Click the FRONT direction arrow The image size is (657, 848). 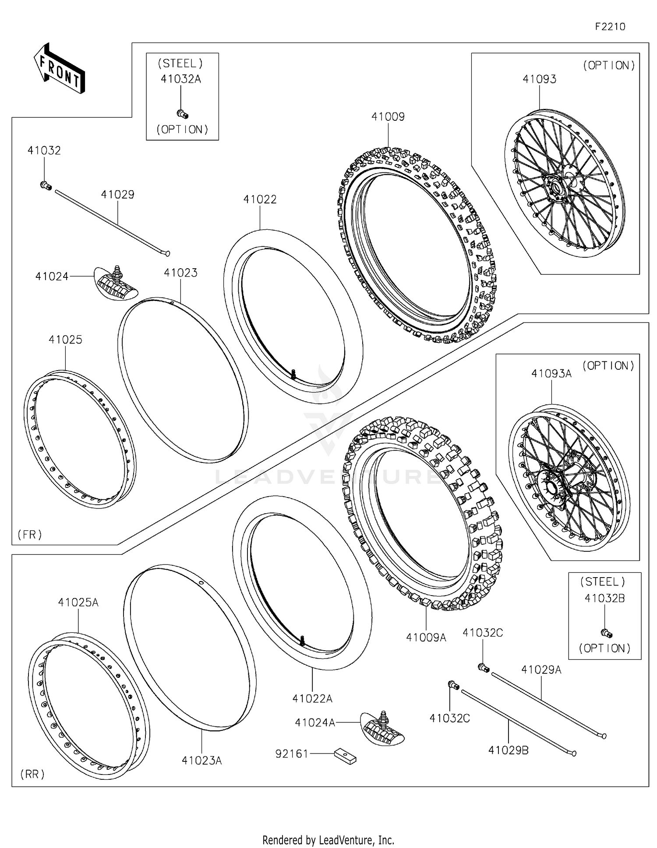pos(60,68)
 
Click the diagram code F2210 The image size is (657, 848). pos(610,27)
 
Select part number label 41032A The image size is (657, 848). pos(180,79)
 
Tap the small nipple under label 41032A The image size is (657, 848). pos(182,114)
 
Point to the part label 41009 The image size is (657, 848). pos(388,117)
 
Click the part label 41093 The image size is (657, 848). pos(539,79)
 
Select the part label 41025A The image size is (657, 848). pos(78,603)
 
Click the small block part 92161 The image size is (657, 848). pos(345,756)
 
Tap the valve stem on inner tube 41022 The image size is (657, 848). pos(293,373)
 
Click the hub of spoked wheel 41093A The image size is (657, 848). pos(550,487)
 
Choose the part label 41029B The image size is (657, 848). pos(508,750)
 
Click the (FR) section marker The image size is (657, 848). pos(30,534)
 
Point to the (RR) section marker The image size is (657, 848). pos(32,774)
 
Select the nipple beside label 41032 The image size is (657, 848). pos(46,186)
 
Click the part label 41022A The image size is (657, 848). pos(312,699)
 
